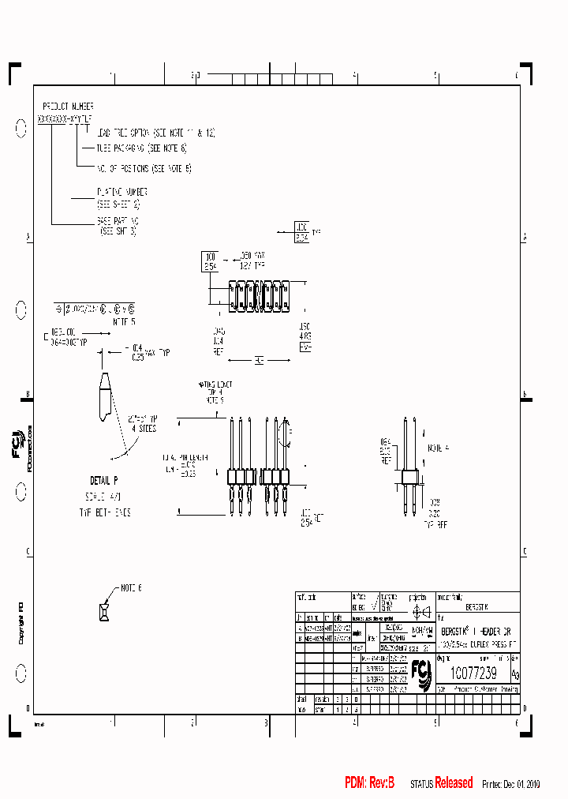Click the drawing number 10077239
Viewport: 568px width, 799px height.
coord(473,673)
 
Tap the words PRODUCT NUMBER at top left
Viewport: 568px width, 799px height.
coord(68,106)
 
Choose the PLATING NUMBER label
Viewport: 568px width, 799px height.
coord(121,191)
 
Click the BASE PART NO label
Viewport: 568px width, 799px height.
coord(118,222)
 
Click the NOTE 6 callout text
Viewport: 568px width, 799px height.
coord(131,588)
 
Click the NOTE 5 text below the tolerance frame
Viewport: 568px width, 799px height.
coord(124,322)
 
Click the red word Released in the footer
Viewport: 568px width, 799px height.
coord(454,782)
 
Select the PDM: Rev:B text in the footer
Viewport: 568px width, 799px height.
coord(369,782)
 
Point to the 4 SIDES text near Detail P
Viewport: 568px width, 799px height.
coord(142,429)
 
